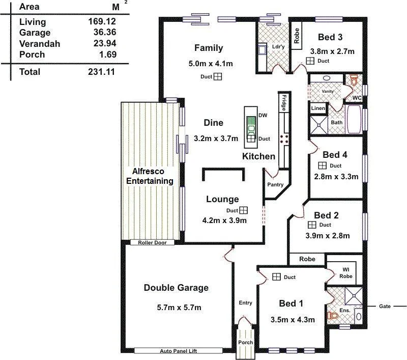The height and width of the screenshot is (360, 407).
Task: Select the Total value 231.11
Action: [x=102, y=72]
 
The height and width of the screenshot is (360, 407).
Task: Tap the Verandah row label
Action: [x=39, y=44]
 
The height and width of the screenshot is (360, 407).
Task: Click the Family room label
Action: [x=209, y=48]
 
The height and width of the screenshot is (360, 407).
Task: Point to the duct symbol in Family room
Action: [x=217, y=77]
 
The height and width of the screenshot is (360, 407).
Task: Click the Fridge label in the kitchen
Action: [x=284, y=103]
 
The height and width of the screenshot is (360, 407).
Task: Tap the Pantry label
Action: [x=275, y=185]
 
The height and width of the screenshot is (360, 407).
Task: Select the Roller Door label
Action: [x=152, y=243]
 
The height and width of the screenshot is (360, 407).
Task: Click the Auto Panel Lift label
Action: [x=178, y=351]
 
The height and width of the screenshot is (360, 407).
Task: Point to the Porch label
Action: [x=246, y=343]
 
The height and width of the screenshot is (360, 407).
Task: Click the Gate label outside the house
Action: [x=385, y=307]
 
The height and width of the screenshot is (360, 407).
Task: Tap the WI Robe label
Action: [x=345, y=272]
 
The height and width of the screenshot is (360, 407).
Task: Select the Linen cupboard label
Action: [x=318, y=108]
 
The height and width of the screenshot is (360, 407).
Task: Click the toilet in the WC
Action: [x=354, y=80]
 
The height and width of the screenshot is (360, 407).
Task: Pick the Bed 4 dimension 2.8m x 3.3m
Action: [x=336, y=177]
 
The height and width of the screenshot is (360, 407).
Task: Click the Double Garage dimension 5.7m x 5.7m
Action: [x=176, y=307]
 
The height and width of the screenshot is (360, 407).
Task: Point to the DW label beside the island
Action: [x=263, y=116]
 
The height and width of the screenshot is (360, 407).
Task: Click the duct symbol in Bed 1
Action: [x=276, y=277]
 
